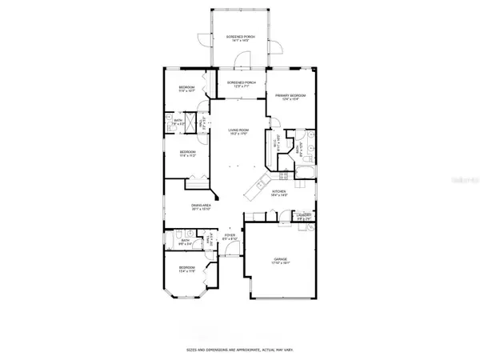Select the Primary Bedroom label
pos(287,98)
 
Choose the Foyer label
pos(230,237)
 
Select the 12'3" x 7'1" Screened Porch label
pos(242,84)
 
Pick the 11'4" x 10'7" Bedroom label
pos(186,90)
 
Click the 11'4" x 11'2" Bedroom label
pos(186,154)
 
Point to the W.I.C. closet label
pos(277,146)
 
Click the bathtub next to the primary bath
pos(308,170)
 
